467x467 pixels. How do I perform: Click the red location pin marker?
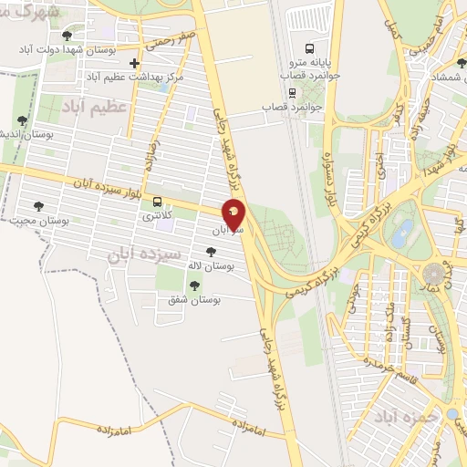[x=234, y=214]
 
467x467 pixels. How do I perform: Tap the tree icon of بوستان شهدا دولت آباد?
[x=67, y=36]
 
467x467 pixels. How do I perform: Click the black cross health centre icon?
[x=135, y=63]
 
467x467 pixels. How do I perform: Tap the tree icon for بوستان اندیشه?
[x=22, y=119]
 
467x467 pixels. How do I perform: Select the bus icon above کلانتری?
[x=158, y=202]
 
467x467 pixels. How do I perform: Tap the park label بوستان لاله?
[x=212, y=265]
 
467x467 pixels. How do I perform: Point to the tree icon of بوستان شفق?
[x=192, y=286]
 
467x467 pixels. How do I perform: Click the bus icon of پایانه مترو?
[x=309, y=47]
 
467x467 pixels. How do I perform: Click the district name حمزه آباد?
[x=407, y=416]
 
